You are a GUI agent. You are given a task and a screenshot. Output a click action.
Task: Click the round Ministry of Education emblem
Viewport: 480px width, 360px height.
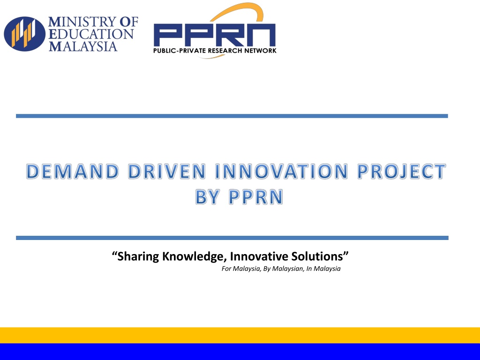24,34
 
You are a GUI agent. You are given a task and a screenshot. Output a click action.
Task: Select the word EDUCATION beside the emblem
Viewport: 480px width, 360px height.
91,34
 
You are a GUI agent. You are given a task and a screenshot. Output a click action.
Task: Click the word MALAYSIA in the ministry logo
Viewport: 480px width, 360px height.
83,46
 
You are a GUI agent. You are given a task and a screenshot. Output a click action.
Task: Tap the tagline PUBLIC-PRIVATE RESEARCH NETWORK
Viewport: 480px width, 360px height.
215,51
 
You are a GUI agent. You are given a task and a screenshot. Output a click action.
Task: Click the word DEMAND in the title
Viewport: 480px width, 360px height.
73,171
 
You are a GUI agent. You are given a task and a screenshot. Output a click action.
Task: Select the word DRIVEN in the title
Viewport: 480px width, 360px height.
167,171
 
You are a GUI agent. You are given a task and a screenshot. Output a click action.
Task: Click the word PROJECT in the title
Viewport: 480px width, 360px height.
401,171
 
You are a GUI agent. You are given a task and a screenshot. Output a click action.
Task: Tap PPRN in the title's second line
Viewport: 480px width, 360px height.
256,197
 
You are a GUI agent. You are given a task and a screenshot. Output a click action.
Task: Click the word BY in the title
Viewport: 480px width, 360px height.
207,197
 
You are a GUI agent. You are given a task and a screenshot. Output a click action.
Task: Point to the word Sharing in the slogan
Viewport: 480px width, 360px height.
138,256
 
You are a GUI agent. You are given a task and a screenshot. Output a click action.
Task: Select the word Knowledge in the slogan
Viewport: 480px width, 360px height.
195,256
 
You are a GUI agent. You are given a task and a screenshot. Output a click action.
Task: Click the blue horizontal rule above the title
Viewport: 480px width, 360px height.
232,116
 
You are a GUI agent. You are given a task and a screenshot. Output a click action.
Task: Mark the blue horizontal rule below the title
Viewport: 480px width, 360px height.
232,238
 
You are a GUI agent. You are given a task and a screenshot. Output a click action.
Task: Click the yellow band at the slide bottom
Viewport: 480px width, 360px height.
240,335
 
